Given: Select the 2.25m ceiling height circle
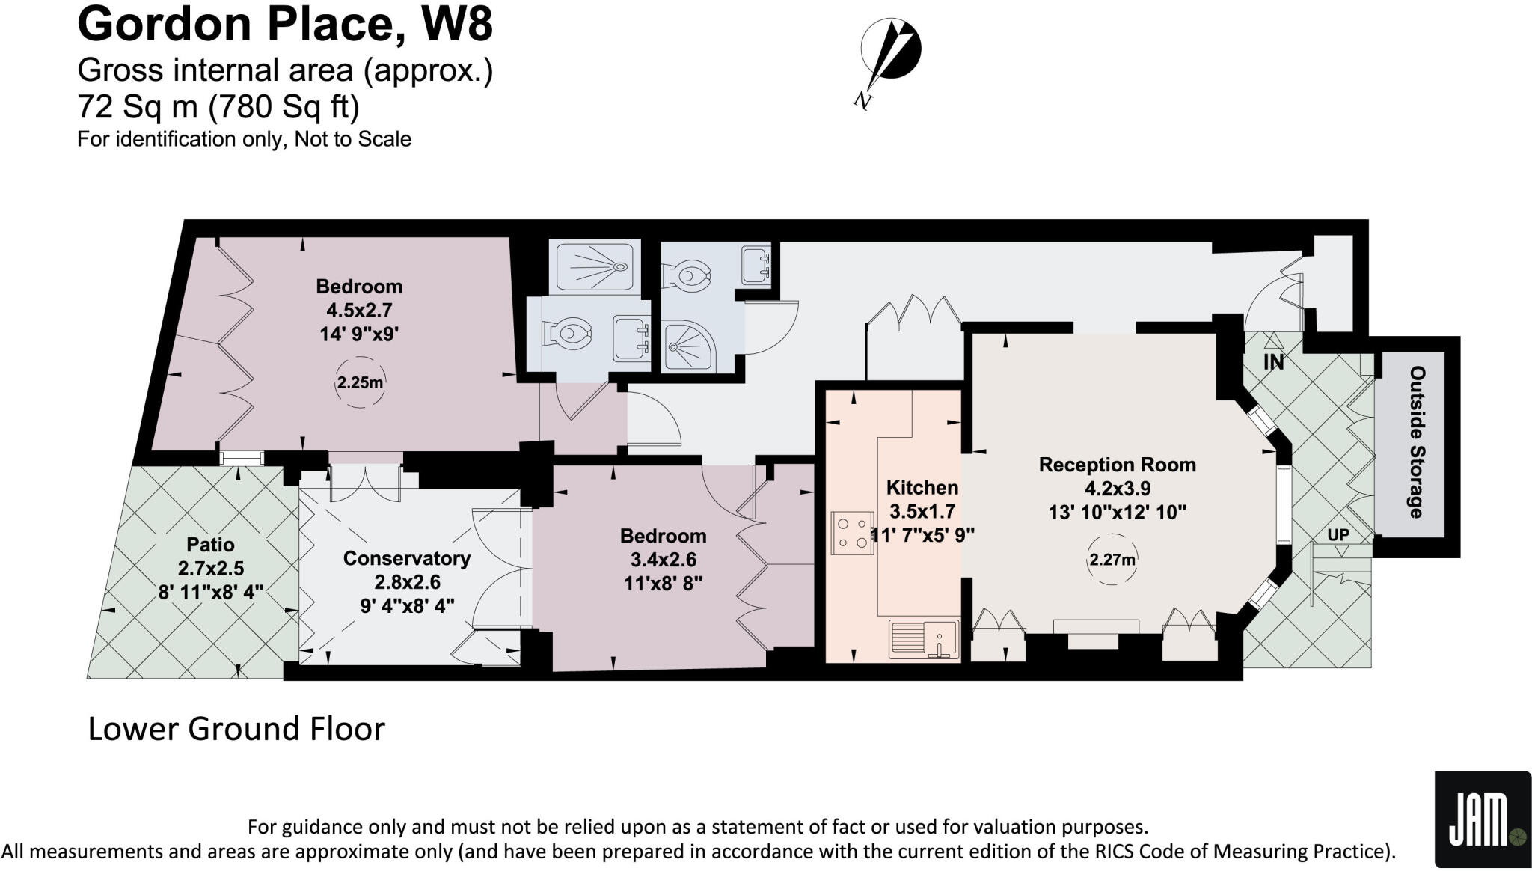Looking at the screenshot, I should point(360,383).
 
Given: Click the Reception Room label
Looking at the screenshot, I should point(1117,465).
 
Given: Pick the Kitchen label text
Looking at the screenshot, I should point(922,488).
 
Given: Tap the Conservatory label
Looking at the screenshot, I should point(406,558).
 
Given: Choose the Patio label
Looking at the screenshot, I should point(210,545).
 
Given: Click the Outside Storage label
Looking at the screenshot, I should point(1417,441).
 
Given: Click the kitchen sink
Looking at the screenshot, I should point(925,639).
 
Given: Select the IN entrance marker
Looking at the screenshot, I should point(1273,362).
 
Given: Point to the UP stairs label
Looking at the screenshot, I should point(1338,535).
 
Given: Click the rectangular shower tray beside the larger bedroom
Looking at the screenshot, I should point(595,266).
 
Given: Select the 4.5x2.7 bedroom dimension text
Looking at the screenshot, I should point(359,310).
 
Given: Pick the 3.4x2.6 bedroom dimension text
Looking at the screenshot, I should point(663,560).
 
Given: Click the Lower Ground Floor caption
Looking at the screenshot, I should point(236,729).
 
